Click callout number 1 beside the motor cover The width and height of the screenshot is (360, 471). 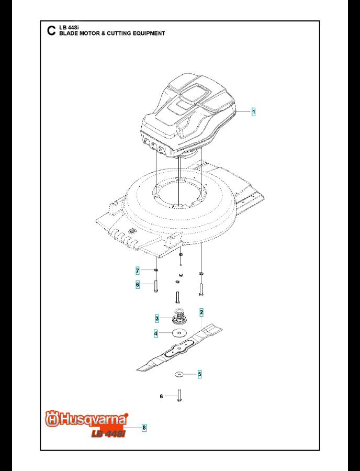tap(253, 112)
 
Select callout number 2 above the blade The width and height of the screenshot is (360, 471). tap(201, 312)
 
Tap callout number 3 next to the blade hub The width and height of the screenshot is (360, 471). tap(157, 318)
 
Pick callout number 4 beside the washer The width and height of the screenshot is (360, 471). tap(155, 333)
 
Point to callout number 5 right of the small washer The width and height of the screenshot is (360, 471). tap(200, 374)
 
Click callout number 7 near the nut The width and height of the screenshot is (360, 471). tap(138, 271)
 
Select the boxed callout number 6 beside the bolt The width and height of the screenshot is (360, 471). tap(138, 285)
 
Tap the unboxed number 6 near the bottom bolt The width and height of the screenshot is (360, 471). tap(161, 397)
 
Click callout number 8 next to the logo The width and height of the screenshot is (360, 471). tap(144, 428)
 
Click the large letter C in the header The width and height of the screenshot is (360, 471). tap(51, 31)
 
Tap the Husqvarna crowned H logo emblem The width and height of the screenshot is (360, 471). tap(52, 419)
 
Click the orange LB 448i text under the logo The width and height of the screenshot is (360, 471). tap(108, 433)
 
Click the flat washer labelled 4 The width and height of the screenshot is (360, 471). tap(179, 333)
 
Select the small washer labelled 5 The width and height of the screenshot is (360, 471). tap(179, 374)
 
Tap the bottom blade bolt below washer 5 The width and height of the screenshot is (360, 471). tap(179, 395)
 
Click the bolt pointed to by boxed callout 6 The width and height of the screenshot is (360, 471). tap(155, 286)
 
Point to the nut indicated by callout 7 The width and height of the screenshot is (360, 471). tap(155, 271)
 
